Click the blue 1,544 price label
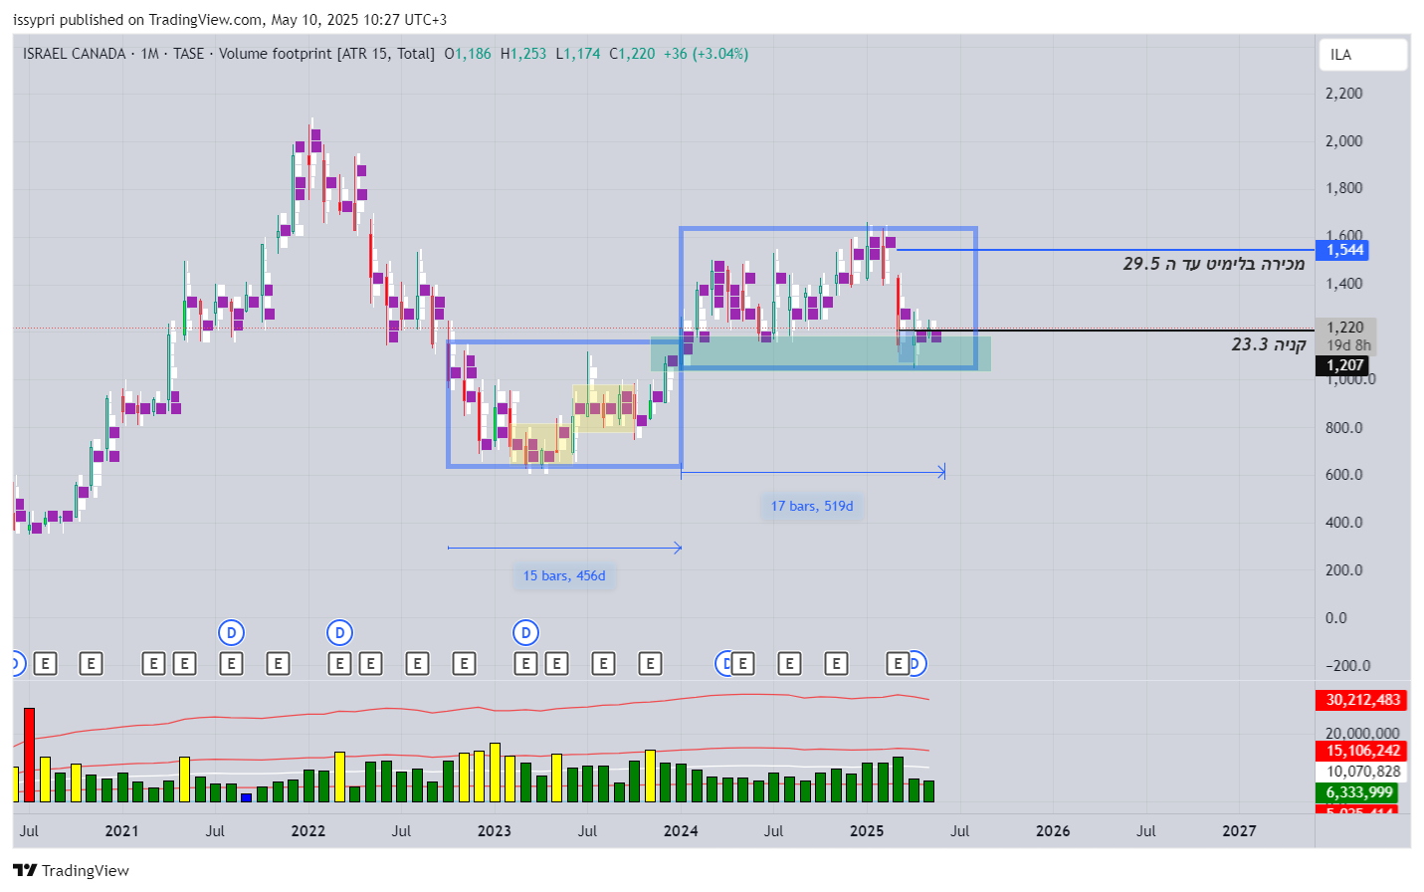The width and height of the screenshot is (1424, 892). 1344,250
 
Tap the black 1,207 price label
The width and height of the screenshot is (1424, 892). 1344,365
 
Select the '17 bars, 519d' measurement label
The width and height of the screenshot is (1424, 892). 812,506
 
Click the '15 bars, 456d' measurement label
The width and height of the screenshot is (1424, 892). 564,575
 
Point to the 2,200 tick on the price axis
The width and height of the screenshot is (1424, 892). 1343,94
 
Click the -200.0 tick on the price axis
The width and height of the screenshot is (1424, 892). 1347,665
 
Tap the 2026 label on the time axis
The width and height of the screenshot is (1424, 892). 1053,830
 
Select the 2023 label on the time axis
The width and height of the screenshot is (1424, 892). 495,830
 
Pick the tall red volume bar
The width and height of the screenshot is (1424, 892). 29,755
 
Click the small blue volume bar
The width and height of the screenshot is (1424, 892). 246,797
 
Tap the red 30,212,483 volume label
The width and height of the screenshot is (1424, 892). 1362,700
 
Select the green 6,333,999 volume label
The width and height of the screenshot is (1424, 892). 1360,792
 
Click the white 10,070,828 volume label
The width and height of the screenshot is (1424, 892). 1362,772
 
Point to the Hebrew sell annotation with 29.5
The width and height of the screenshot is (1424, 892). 1213,264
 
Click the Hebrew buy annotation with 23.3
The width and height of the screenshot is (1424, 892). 1268,344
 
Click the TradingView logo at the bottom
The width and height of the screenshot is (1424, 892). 72,870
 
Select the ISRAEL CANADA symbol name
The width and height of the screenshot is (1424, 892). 75,54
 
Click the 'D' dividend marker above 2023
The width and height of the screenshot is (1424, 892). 525,632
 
